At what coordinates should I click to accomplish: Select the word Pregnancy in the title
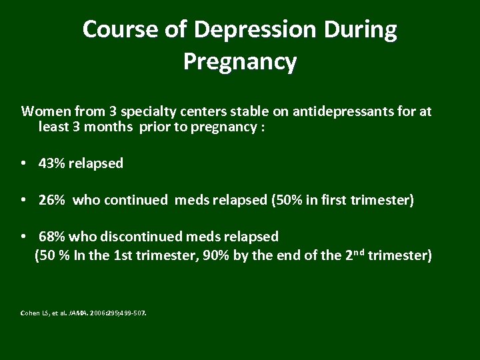[239, 62]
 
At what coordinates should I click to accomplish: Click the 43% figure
[52, 163]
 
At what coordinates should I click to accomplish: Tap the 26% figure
[52, 200]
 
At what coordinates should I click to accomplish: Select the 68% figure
[52, 237]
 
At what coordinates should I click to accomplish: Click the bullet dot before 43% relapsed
[23, 164]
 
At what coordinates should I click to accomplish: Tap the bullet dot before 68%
[23, 237]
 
